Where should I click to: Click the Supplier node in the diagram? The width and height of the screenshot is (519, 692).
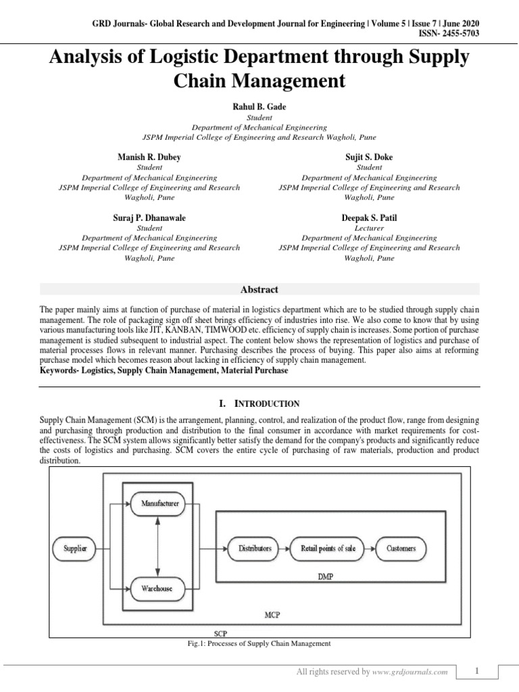(75, 549)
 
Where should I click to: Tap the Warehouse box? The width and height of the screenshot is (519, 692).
(156, 589)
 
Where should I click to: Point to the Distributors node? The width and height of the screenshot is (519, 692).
(255, 548)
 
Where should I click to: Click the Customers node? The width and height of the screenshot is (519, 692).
(401, 548)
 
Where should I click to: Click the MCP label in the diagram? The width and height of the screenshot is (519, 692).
(274, 615)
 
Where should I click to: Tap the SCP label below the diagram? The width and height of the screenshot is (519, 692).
(220, 634)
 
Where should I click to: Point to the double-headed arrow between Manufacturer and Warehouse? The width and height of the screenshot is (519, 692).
(156, 546)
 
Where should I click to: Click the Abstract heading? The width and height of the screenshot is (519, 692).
(259, 289)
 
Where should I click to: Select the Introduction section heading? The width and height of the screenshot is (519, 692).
(259, 403)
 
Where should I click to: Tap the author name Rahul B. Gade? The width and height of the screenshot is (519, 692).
(259, 106)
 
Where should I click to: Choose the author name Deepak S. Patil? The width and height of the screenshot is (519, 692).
(369, 218)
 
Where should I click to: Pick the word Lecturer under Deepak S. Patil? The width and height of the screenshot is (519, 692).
(369, 228)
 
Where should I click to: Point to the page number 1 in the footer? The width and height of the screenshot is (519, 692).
(476, 671)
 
